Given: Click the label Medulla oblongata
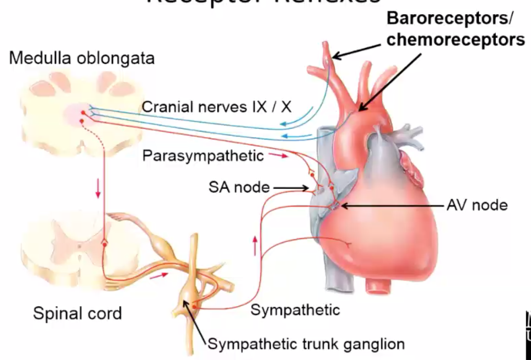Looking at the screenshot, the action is point(82,58).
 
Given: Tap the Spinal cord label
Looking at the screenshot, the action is point(77,313).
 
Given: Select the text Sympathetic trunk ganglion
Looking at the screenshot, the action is point(307,344).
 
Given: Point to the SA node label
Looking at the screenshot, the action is point(239,187).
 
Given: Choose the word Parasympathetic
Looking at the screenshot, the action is point(203,156).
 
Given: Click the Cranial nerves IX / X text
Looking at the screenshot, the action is point(216,107).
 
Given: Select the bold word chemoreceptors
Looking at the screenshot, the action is point(456,39).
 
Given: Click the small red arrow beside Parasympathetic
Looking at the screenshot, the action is point(279,156).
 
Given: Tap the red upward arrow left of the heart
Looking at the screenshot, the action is point(255,245).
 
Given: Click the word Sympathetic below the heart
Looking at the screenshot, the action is point(295,310).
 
